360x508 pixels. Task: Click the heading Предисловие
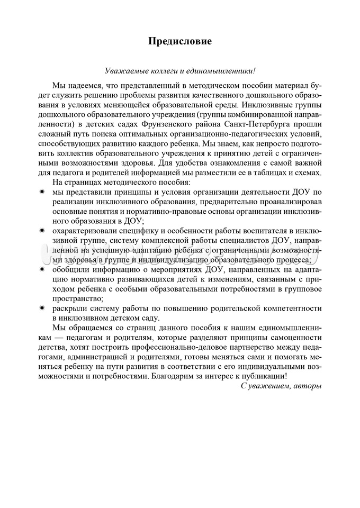[x=179, y=41]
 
